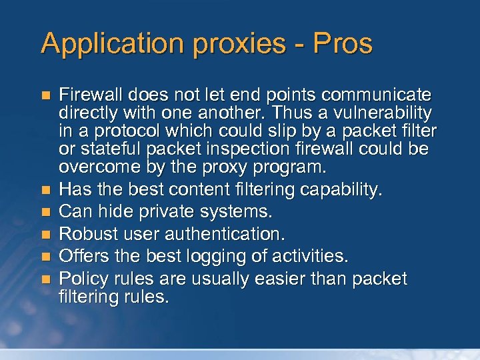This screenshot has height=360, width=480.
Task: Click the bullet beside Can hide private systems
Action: click(45, 213)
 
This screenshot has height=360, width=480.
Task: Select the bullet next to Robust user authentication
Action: click(45, 235)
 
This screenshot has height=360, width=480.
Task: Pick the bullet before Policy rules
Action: click(45, 279)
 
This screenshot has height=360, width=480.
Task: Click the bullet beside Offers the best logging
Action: click(45, 257)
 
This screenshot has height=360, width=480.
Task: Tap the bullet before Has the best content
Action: click(45, 191)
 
